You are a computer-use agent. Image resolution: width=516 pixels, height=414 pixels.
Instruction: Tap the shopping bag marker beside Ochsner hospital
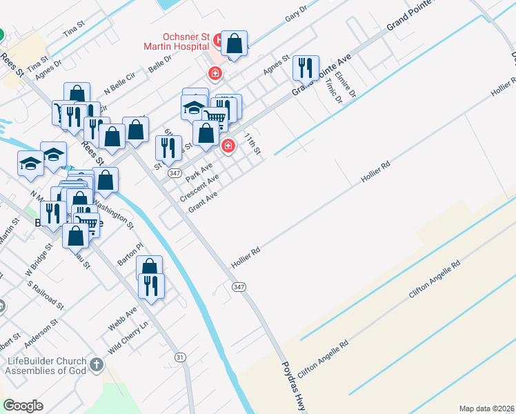pyautogui.click(x=235, y=44)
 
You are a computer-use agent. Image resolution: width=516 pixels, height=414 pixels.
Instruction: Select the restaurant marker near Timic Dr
pyautogui.click(x=306, y=68)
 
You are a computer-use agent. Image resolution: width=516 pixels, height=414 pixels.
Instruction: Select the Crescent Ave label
pyautogui.click(x=199, y=188)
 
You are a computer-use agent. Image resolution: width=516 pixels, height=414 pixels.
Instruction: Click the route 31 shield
pyautogui.click(x=180, y=357)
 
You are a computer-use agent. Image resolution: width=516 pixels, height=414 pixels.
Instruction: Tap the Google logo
pyautogui.click(x=23, y=406)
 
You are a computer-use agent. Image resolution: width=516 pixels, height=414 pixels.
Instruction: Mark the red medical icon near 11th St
pyautogui.click(x=228, y=146)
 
